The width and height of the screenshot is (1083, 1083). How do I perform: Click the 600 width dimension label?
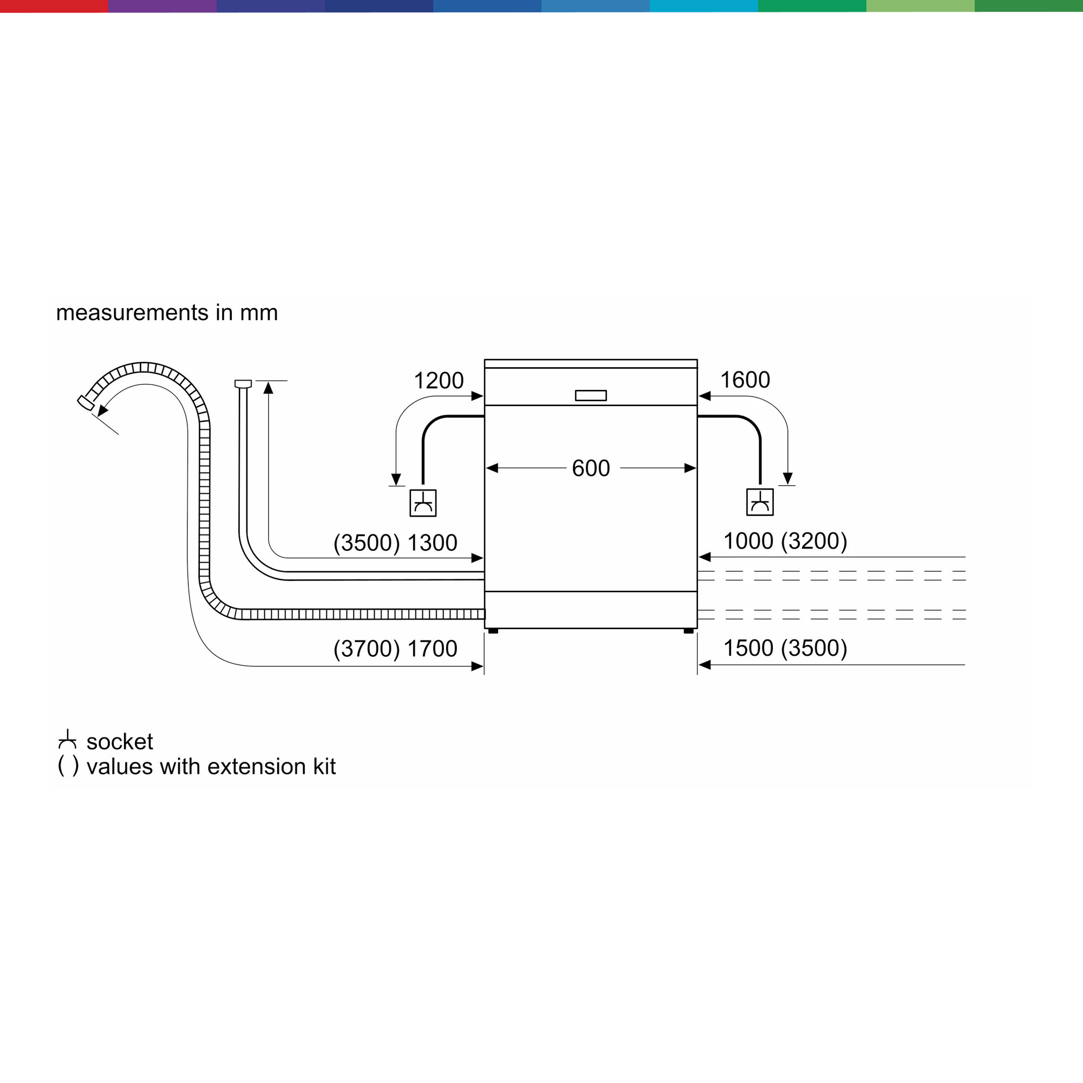click(x=591, y=468)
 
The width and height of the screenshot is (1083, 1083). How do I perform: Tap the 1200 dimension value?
click(x=439, y=381)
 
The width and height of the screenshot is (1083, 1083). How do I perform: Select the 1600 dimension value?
click(x=745, y=380)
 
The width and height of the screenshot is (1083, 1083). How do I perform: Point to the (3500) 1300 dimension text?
click(x=395, y=543)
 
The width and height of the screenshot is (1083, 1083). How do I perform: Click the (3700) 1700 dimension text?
click(x=395, y=649)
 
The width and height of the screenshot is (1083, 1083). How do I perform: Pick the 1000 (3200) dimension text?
click(x=785, y=541)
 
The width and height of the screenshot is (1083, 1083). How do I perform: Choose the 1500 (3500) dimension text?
click(x=785, y=648)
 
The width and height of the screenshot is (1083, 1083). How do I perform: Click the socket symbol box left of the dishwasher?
click(x=423, y=503)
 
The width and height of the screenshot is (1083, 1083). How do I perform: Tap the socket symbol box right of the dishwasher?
click(x=760, y=502)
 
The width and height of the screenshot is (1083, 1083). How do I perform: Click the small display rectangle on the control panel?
click(x=591, y=396)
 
